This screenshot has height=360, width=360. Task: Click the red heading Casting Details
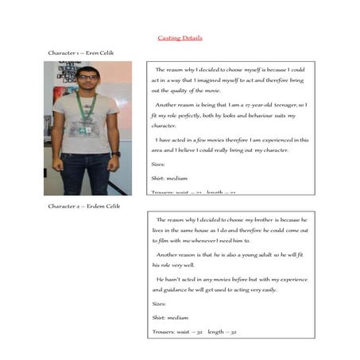point(180,37)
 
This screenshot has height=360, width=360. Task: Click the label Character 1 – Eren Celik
point(80,53)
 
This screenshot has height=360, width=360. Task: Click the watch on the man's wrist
point(116,153)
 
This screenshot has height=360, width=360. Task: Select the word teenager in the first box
point(285,104)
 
